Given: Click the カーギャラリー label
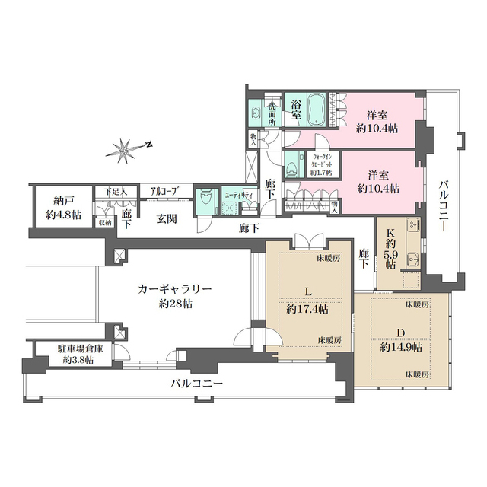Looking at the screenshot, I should [x=174, y=290].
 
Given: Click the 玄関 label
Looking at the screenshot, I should [x=167, y=219].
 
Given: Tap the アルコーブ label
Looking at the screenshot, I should [x=164, y=192].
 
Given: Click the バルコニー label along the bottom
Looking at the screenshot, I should [x=196, y=384].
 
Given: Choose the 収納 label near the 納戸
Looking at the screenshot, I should [x=104, y=223].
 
